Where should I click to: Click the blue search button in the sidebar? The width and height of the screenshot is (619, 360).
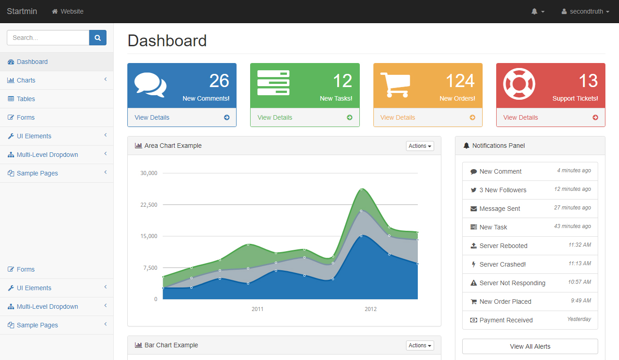coord(98,38)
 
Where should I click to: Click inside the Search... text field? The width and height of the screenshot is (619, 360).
coord(48,38)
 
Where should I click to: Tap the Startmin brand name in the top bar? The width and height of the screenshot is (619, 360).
coord(22,11)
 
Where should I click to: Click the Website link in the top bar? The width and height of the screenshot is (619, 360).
coord(68,11)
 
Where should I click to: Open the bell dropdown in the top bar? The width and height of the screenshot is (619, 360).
coord(538,11)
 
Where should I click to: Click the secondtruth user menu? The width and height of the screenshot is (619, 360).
coord(585,11)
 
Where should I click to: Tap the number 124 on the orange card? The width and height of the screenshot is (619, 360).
coord(460,81)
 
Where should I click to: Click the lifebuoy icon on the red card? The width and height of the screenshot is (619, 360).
coord(519,84)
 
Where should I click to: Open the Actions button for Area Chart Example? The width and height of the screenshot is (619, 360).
coord(420,146)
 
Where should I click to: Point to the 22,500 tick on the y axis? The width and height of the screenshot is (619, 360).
coord(149,205)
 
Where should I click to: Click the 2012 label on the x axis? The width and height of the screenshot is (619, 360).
coord(371,309)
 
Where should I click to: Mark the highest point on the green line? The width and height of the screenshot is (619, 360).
coord(361,189)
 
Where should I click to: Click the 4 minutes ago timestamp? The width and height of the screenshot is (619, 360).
coord(574,170)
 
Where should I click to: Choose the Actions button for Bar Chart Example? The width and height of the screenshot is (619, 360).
coord(420,345)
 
